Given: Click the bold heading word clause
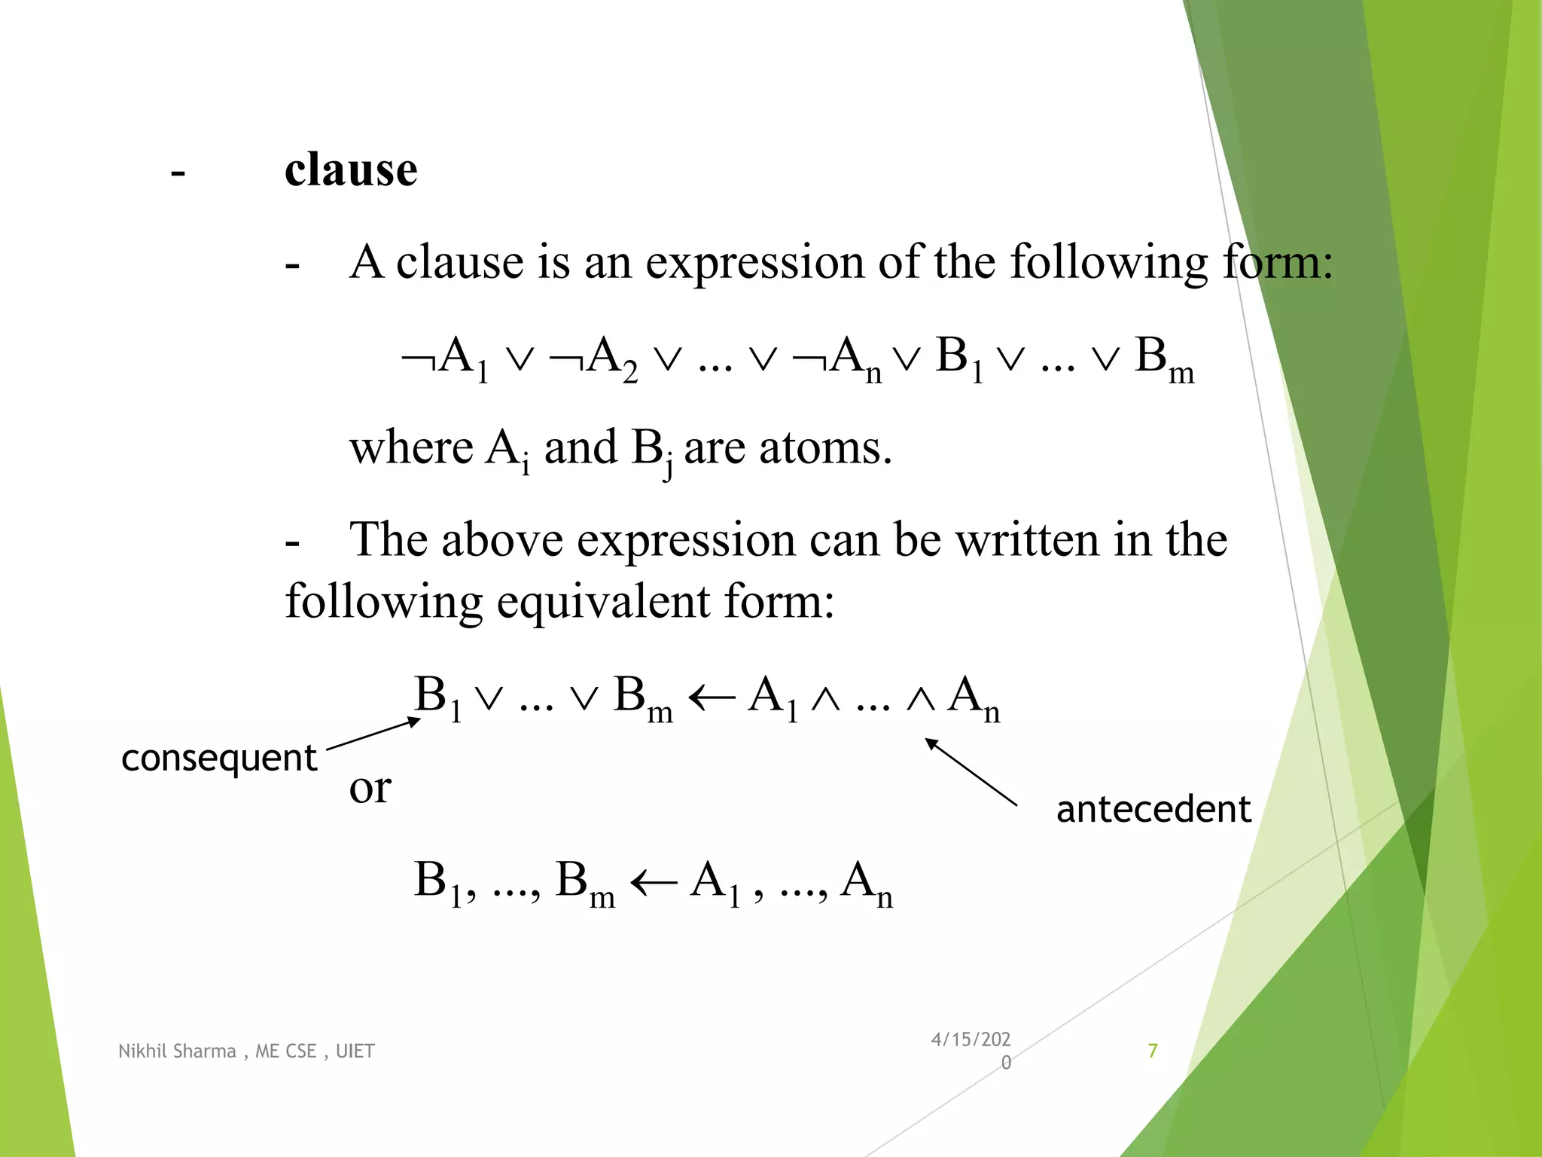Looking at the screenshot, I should pos(351,169).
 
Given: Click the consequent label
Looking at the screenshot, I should pos(218,758).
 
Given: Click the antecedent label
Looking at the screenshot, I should pos(1153,810).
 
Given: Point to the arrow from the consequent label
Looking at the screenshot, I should pos(373,734).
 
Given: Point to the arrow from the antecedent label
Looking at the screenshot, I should pos(971,772).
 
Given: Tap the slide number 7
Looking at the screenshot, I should pos(1152,1051).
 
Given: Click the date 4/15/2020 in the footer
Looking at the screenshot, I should pos(971,1050).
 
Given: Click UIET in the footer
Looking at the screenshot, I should pos(355,1052).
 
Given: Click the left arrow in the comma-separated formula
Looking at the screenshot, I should pos(653,881).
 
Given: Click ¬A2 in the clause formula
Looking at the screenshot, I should pos(594,358).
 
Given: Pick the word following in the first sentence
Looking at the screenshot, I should pos(1108,264).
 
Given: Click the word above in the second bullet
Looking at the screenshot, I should pos(502,541).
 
